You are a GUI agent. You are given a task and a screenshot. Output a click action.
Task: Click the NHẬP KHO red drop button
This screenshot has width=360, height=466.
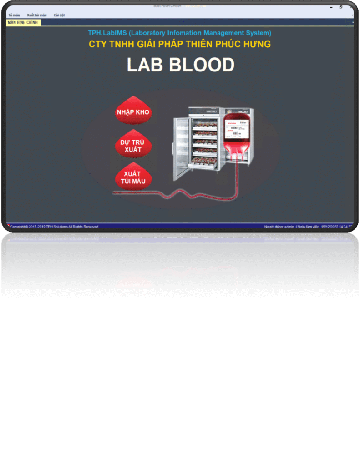pyautogui.click(x=133, y=111)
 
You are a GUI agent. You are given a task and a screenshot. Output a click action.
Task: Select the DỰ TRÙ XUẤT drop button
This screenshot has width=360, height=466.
pyautogui.click(x=133, y=146)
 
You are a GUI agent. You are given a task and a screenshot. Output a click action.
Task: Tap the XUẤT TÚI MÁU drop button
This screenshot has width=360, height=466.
pyautogui.click(x=133, y=177)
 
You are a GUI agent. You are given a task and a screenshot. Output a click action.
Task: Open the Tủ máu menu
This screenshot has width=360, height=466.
pyautogui.click(x=14, y=15)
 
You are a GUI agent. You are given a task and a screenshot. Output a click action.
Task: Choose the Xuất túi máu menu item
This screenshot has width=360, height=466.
pyautogui.click(x=37, y=15)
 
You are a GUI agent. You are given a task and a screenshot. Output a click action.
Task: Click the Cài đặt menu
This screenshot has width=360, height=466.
pyautogui.click(x=59, y=15)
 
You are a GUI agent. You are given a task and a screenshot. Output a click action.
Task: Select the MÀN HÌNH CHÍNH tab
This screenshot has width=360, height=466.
pyautogui.click(x=23, y=22)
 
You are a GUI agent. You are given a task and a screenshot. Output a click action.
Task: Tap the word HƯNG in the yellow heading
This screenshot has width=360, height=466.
pyautogui.click(x=257, y=44)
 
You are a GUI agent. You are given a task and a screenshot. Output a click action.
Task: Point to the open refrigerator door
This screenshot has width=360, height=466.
pyautogui.click(x=181, y=148)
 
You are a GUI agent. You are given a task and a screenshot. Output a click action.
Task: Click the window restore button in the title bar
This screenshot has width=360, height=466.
pyautogui.click(x=341, y=7)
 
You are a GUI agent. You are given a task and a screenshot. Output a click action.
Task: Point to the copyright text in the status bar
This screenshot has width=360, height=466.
pyautogui.click(x=54, y=227)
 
